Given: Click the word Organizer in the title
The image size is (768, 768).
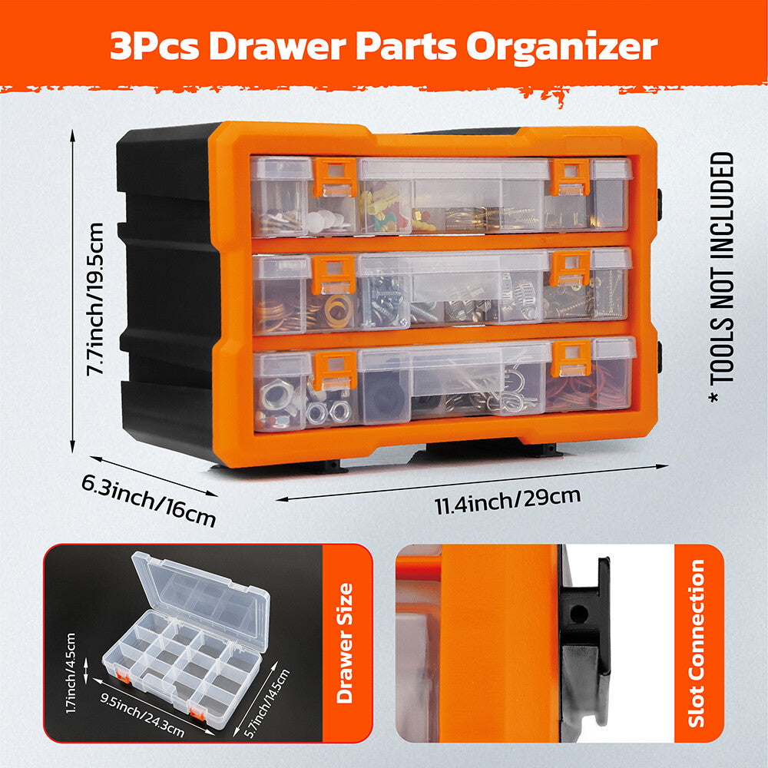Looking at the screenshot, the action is [561, 48].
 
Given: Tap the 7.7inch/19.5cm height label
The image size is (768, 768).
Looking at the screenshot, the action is [95, 300].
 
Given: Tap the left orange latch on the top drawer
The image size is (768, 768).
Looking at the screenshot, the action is [335, 177].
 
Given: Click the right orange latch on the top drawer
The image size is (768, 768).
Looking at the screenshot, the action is [571, 177].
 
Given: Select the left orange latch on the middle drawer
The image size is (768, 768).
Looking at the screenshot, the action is [333, 274].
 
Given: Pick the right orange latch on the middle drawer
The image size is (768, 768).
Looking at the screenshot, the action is [570, 268].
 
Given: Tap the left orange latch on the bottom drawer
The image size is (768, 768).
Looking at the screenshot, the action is [335, 370].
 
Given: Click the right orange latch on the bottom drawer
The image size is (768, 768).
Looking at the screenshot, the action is [571, 359].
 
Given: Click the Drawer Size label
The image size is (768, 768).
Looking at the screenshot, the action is [345, 643].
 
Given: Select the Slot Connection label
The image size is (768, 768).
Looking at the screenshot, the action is [697, 643].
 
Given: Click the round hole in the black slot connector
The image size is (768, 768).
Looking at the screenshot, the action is [579, 613].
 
